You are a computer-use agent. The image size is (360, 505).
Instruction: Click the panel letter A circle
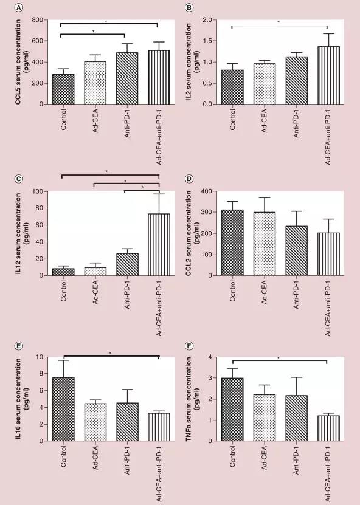pyautogui.click(x=19, y=7)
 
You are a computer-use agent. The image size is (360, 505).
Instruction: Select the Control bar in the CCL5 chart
pyautogui.click(x=63, y=89)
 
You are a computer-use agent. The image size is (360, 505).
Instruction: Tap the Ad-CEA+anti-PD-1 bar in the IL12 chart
pyautogui.click(x=159, y=244)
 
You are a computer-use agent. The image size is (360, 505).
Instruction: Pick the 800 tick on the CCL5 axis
pyautogui.click(x=37, y=20)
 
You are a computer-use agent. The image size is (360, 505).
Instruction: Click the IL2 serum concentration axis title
pyautogui.click(x=192, y=62)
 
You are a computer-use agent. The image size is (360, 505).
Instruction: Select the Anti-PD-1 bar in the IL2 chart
pyautogui.click(x=297, y=80)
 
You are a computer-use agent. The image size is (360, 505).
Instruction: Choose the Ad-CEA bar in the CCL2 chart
pyautogui.click(x=265, y=244)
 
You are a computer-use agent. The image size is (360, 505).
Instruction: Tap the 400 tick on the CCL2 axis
pyautogui.click(x=207, y=191)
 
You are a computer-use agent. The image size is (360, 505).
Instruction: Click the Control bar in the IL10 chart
pyautogui.click(x=63, y=409)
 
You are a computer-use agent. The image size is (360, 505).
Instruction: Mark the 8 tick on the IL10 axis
pyautogui.click(x=41, y=374)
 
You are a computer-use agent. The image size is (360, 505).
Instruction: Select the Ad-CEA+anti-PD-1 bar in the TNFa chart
pyautogui.click(x=328, y=428)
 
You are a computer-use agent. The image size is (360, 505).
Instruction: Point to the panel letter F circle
pyautogui.click(x=190, y=346)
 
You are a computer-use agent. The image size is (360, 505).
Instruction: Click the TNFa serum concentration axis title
pyautogui.click(x=192, y=399)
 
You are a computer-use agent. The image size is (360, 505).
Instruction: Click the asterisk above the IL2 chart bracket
pyautogui.click(x=279, y=22)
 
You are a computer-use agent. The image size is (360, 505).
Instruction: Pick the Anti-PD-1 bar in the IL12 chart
pyautogui.click(x=127, y=264)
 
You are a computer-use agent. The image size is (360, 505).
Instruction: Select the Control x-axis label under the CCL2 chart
pyautogui.click(x=232, y=291)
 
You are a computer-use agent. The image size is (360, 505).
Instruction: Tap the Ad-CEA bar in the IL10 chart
pyautogui.click(x=95, y=422)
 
